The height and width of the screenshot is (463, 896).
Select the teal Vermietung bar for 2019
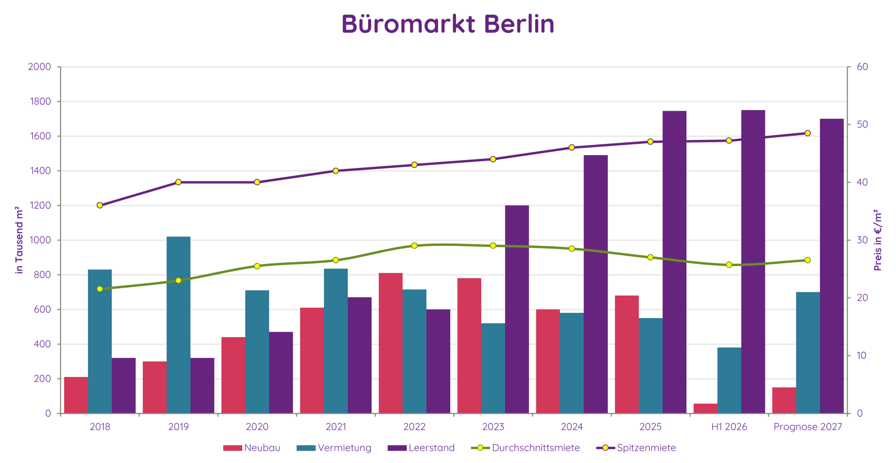coord(178,325)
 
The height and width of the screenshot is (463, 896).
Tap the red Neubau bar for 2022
coord(391,343)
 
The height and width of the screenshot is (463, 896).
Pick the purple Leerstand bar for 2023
coord(517,309)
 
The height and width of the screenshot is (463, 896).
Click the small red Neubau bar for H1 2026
coord(706,408)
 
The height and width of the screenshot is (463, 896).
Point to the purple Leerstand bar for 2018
coord(124,386)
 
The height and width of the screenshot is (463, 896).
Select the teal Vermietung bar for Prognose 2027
coord(808,353)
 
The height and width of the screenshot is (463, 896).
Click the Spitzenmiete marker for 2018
coord(100,205)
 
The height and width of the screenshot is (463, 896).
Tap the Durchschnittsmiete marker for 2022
coord(414,246)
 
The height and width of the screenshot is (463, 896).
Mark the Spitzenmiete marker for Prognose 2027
coord(808,133)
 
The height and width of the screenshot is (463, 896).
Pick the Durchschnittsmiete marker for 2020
coord(257,266)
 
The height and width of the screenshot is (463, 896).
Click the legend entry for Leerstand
coord(421,448)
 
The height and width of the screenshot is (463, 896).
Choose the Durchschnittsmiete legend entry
coord(525,448)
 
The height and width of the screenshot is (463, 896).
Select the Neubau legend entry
coord(252,448)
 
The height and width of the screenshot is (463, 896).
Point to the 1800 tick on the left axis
coord(40,101)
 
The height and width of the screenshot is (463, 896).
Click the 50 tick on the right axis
coord(862,124)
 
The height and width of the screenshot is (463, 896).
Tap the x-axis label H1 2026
coord(729,427)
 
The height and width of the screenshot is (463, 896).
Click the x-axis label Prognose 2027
coord(808,427)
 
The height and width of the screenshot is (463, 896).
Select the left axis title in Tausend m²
coord(19,240)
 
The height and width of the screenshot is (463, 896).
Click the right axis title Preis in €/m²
coord(878,240)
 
